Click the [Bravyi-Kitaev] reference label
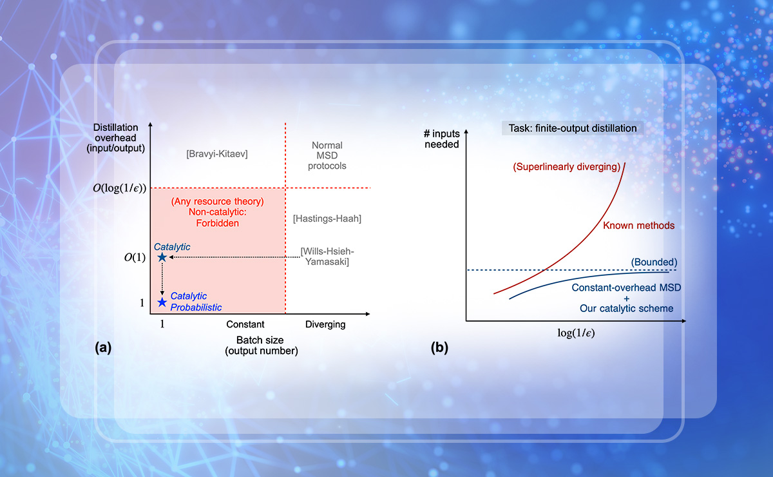coord(217,153)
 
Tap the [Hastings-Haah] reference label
coord(327,219)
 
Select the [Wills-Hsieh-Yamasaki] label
coord(327,257)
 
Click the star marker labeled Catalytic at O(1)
coord(162,257)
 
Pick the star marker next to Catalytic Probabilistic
coord(162,302)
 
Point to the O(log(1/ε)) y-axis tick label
coord(119,188)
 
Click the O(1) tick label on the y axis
coord(135,257)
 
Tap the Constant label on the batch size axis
coord(245,324)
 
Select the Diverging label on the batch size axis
coord(325,325)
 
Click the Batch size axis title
coord(262,346)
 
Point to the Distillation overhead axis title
coord(115,138)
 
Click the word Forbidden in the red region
coord(218,223)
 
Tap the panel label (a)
coord(103,347)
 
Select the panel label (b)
coord(439,347)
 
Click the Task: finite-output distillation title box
coord(573,128)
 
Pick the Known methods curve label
coord(639,226)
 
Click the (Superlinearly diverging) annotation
coord(567,167)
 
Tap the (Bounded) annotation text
coord(654,262)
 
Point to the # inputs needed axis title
coord(442,139)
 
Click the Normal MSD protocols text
coord(327,155)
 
